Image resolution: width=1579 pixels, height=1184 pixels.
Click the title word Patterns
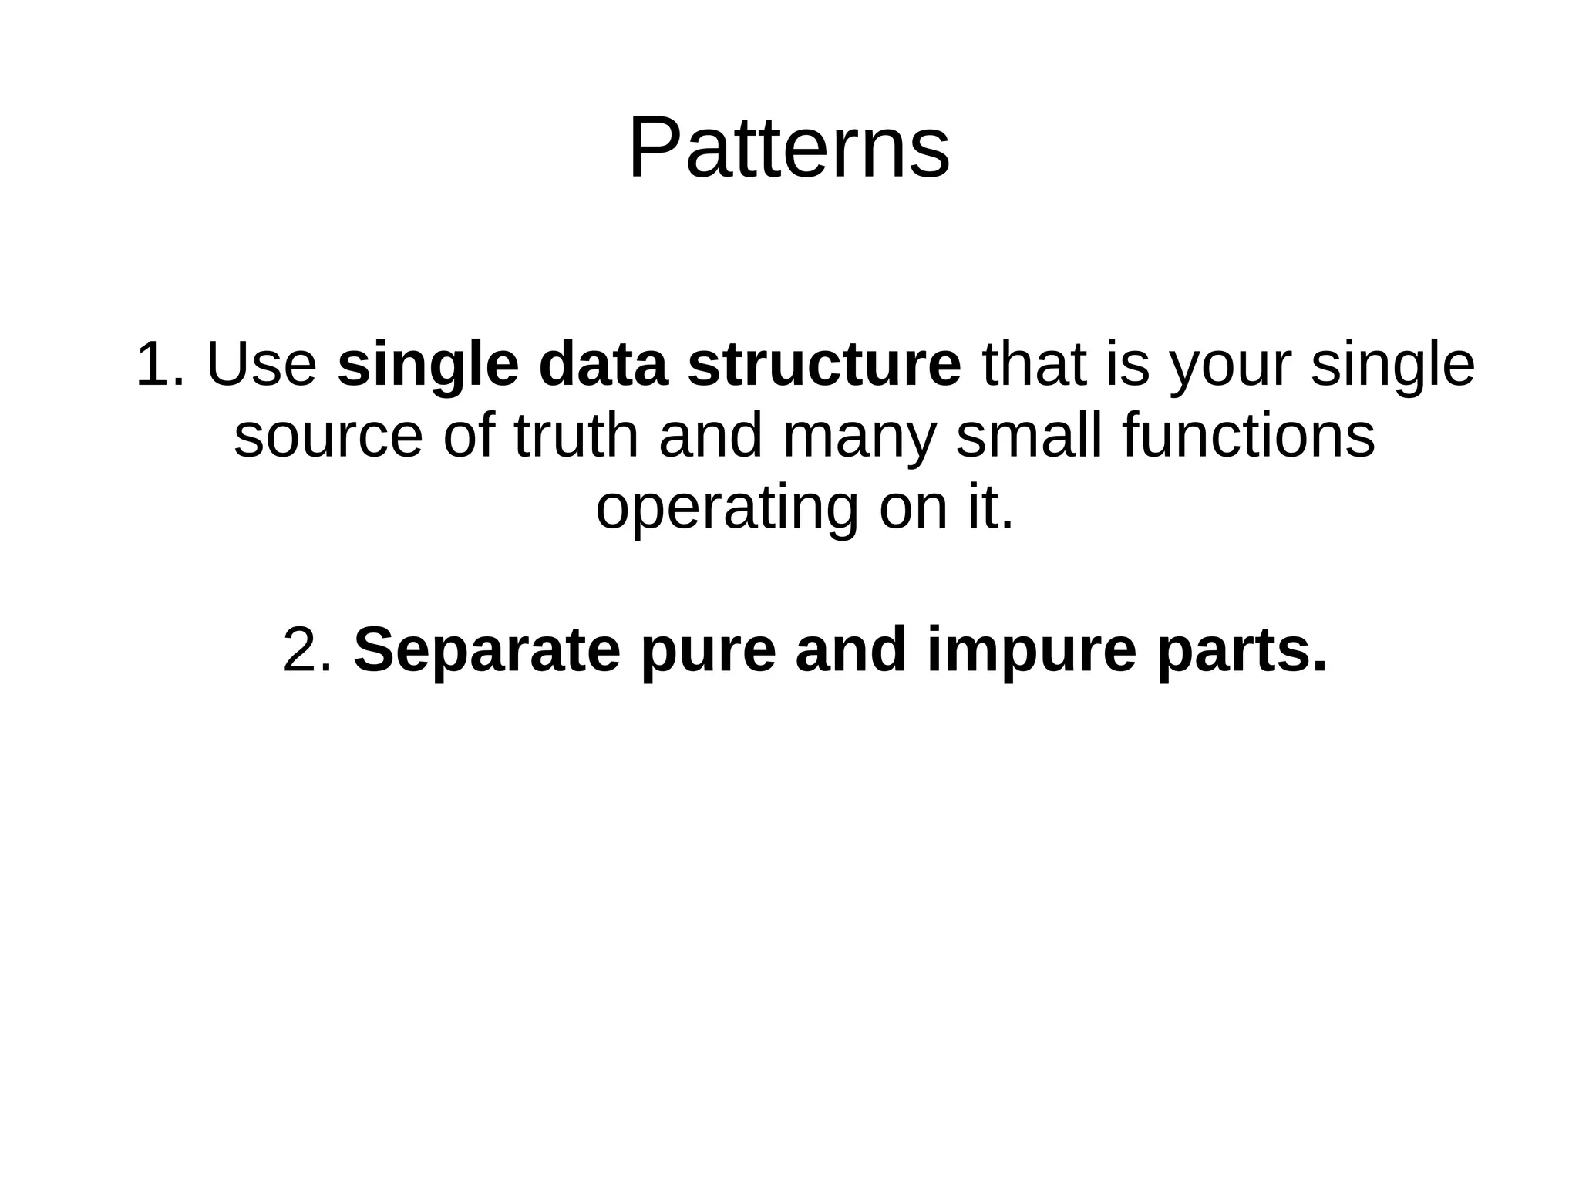point(789,148)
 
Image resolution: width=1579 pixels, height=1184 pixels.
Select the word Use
point(261,365)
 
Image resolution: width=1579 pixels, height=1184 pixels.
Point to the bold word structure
point(824,365)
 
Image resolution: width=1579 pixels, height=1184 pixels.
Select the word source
point(328,437)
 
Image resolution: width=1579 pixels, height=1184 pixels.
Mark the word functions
point(1248,436)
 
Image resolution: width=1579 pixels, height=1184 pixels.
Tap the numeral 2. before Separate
point(308,650)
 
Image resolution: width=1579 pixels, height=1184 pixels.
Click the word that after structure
point(1033,365)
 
